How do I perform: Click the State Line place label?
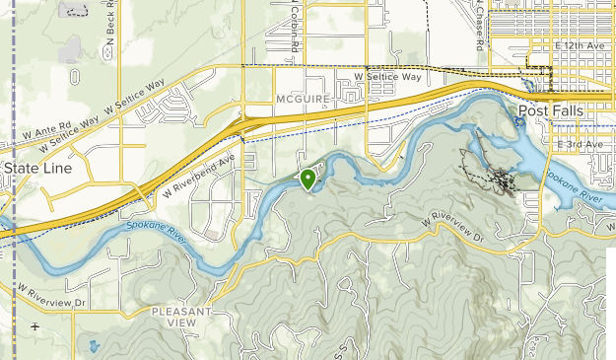pyautogui.click(x=34, y=168)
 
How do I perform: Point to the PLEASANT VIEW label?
pyautogui.click(x=182, y=317)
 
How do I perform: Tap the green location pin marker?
pyautogui.click(x=308, y=178)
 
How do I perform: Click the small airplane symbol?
pyautogui.click(x=35, y=326)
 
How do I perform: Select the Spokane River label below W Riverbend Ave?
pyautogui.click(x=159, y=230)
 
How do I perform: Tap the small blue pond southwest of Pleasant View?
pyautogui.click(x=93, y=347)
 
